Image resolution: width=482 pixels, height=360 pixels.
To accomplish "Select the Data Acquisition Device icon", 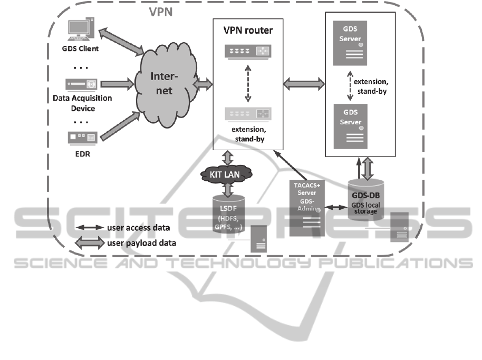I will coord(81,83).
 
